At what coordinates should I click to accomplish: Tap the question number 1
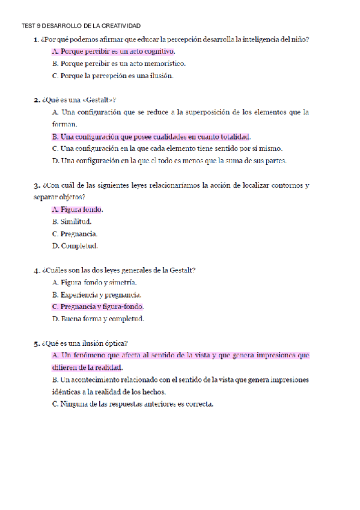pos(37,40)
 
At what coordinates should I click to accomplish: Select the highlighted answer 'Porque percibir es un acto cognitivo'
pos(114,52)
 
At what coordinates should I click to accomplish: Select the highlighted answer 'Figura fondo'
pos(78,210)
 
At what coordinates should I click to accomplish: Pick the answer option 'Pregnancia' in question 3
pos(75,234)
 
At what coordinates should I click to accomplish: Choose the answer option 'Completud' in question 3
pos(75,246)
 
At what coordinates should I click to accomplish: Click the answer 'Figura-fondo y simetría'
pos(94,282)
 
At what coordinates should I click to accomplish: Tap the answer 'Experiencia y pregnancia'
pos(97,295)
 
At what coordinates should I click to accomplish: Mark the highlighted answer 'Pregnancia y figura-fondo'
pos(98,307)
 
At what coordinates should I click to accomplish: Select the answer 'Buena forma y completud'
pos(98,319)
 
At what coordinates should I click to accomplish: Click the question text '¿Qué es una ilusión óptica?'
pos(85,343)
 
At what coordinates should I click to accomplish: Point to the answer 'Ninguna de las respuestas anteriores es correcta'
pos(133,404)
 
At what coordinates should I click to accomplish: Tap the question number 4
pos(37,271)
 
